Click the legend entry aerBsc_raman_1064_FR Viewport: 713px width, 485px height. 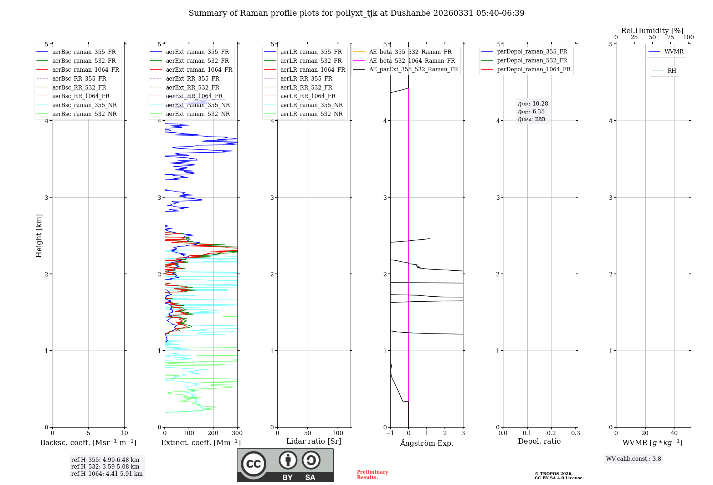coord(86,70)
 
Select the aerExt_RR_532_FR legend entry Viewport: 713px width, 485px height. coord(193,87)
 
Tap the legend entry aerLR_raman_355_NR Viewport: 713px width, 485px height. coord(311,105)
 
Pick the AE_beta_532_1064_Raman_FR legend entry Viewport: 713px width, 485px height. coord(412,61)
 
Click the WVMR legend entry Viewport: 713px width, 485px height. coord(674,52)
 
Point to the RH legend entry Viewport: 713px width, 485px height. coord(672,71)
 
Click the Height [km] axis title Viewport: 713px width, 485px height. coord(39,236)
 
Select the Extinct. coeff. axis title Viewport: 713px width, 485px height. coord(201,443)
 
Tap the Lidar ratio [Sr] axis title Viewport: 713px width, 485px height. coord(314,441)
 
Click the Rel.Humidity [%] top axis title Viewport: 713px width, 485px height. coord(652,31)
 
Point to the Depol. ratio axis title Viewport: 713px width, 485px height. coord(539,441)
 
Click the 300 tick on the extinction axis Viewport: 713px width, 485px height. coord(237,433)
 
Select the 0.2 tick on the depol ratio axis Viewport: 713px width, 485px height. coord(552,433)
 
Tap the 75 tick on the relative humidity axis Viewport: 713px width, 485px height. coord(671,37)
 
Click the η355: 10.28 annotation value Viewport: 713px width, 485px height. coord(533,104)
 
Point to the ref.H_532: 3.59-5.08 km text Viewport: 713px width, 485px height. coord(105,467)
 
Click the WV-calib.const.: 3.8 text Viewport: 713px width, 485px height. coord(634,459)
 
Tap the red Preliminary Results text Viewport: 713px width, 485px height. coord(372,475)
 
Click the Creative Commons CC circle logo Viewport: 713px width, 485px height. coord(253,464)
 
